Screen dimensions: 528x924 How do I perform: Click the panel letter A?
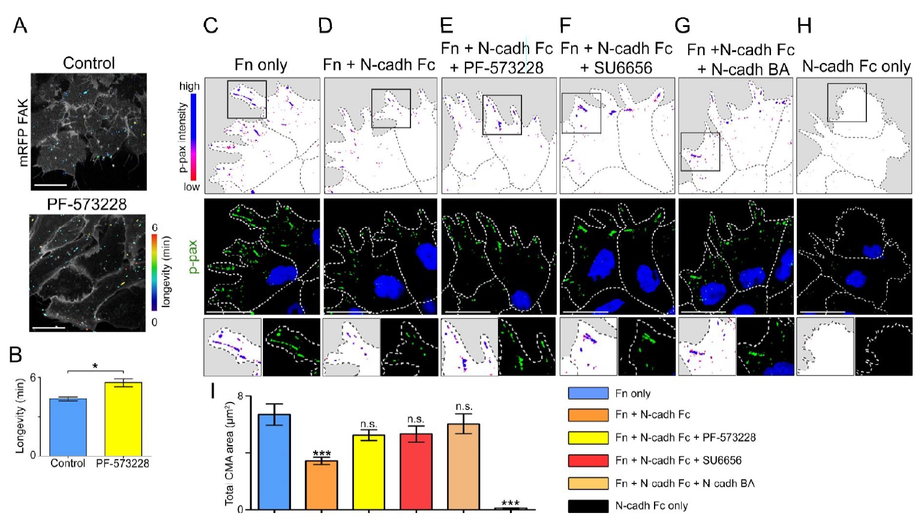point(20,25)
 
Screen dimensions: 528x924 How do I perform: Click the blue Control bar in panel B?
point(68,427)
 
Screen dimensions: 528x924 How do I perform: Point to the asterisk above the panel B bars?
point(95,366)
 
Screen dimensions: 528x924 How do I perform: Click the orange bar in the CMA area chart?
point(321,485)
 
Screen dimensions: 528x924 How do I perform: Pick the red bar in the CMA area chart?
point(416,472)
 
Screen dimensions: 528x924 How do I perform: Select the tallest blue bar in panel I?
point(274,461)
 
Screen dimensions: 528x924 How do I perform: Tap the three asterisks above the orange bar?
point(322,454)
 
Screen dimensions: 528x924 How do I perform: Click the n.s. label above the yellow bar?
point(368,424)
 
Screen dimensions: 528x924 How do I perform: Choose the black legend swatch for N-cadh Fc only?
point(588,506)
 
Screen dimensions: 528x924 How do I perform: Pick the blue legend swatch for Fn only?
point(588,393)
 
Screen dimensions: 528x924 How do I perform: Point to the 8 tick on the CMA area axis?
point(240,396)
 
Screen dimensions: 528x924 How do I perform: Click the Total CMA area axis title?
point(229,454)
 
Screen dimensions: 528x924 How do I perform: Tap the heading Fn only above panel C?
point(260,64)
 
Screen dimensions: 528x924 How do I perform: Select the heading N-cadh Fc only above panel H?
point(856,66)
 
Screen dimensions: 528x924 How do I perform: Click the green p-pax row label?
point(193,257)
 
